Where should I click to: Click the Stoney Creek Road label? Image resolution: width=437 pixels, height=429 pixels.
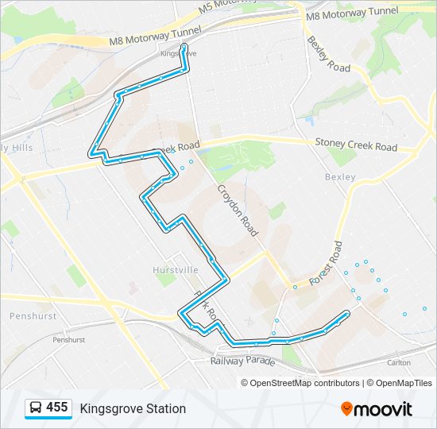point(356,145)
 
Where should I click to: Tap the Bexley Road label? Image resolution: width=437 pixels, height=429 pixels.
point(328,54)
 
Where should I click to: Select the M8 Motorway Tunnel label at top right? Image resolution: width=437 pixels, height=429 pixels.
point(352,14)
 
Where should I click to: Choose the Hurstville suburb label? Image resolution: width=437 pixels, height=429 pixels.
point(176,270)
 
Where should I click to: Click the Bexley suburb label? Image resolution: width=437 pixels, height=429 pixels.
point(340,177)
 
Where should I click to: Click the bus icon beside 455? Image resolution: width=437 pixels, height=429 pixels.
point(35,408)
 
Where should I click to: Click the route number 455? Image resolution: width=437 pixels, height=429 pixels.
point(57,408)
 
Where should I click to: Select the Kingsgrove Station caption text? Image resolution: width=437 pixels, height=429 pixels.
point(133,408)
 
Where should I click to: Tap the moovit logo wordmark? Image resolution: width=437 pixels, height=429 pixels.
point(384,409)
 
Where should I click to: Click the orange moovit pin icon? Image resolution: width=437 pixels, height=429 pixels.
point(347,408)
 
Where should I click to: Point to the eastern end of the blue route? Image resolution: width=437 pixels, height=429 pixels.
point(348,313)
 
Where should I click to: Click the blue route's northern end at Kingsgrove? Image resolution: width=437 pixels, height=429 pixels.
point(184,47)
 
